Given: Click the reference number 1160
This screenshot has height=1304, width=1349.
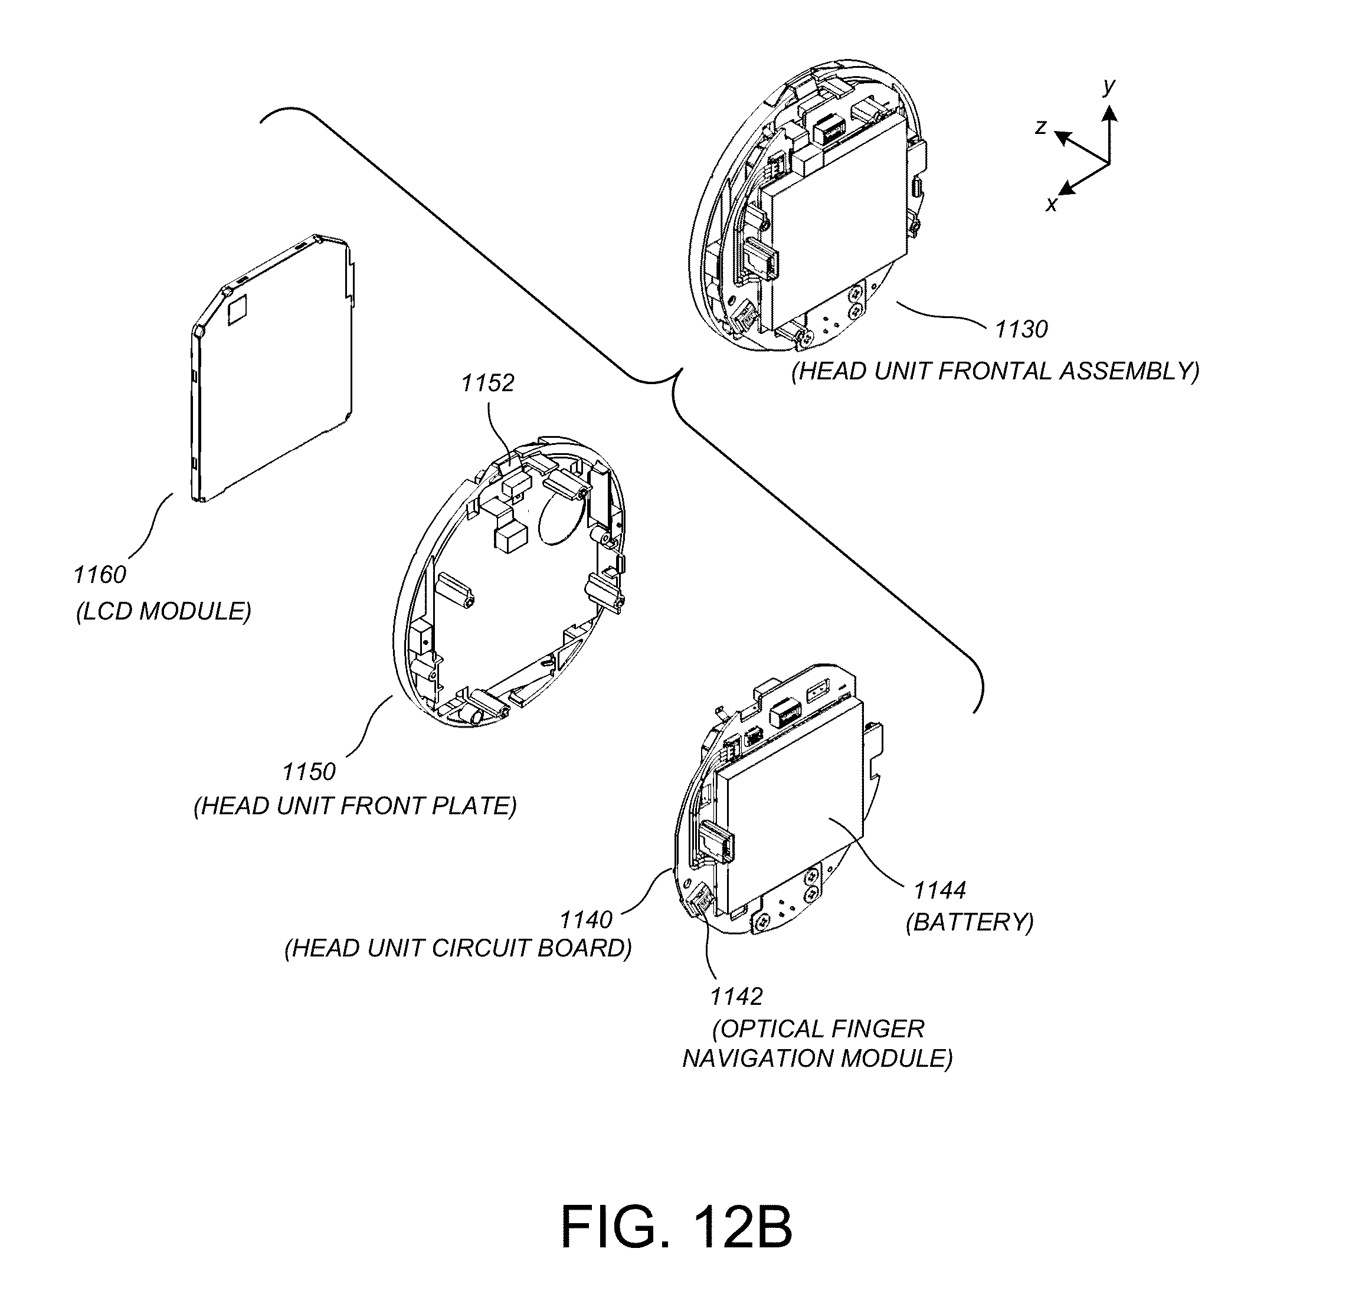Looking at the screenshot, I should click(100, 575).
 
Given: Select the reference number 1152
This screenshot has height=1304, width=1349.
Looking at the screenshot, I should click(487, 384).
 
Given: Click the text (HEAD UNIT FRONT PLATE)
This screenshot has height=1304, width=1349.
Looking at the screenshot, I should click(355, 806).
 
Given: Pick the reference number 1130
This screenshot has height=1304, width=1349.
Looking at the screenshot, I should click(1021, 330).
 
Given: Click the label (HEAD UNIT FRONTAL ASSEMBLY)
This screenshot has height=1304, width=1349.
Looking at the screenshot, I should click(996, 371).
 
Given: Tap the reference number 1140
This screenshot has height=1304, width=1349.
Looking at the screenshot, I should click(586, 919).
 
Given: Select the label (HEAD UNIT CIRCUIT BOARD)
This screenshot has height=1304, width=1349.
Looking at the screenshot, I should click(459, 948).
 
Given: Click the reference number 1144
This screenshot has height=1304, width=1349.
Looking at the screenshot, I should click(940, 890).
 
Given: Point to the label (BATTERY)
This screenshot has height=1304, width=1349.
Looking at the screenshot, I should click(970, 922).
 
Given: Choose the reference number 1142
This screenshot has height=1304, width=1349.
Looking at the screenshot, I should click(736, 997).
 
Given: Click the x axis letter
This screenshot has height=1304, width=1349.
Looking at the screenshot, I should click(1051, 204).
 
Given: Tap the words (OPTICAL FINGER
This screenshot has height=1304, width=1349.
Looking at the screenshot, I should click(818, 1029).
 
